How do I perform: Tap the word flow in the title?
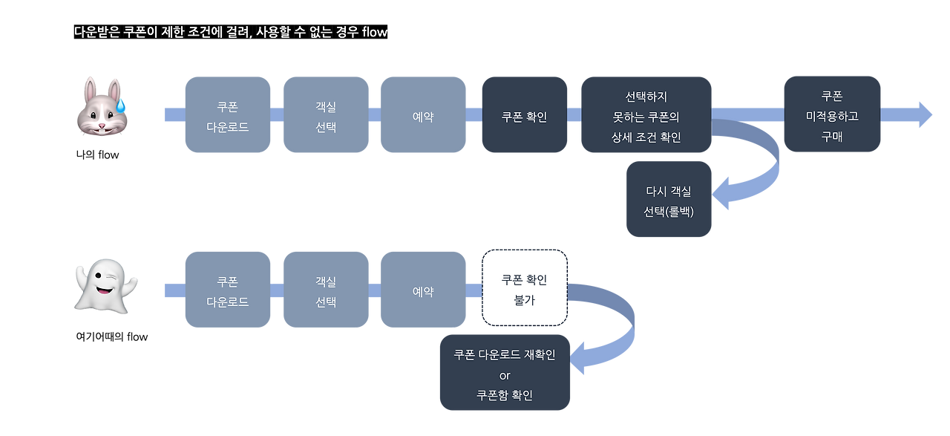[374, 33]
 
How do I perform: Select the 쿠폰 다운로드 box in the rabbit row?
[227, 114]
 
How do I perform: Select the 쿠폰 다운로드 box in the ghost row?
[227, 291]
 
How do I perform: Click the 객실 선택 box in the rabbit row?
[325, 114]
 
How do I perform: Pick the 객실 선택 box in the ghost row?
[325, 291]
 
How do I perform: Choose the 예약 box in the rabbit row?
[423, 114]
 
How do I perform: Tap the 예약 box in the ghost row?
[423, 291]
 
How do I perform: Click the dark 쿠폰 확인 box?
[525, 115]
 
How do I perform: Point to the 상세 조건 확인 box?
[646, 115]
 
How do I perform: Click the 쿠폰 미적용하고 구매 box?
[832, 115]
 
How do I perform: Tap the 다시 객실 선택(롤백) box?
[668, 199]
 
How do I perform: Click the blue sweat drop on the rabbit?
[121, 103]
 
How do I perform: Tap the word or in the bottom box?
[505, 374]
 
